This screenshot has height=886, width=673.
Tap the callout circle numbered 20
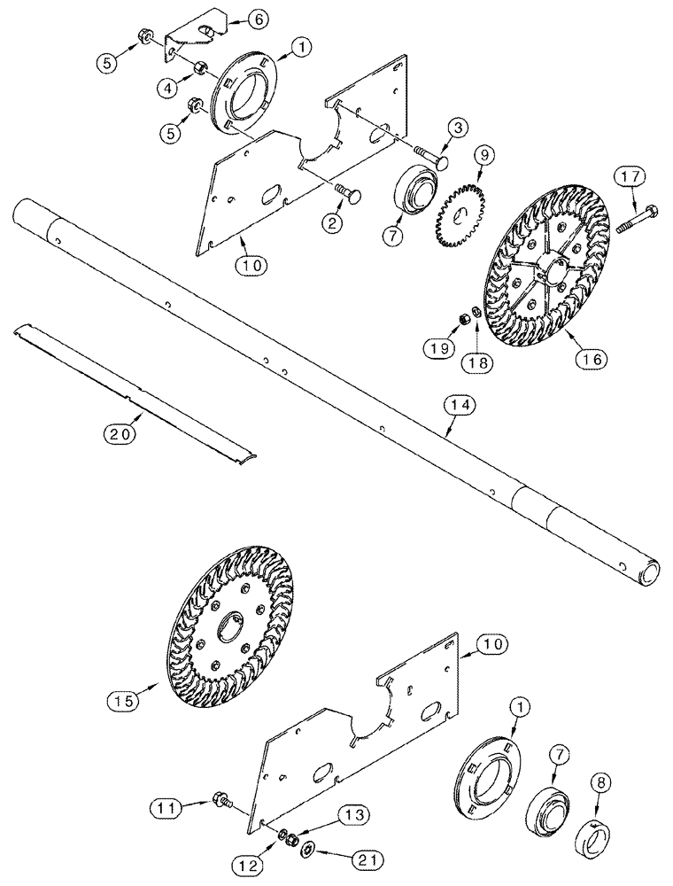click(120, 433)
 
